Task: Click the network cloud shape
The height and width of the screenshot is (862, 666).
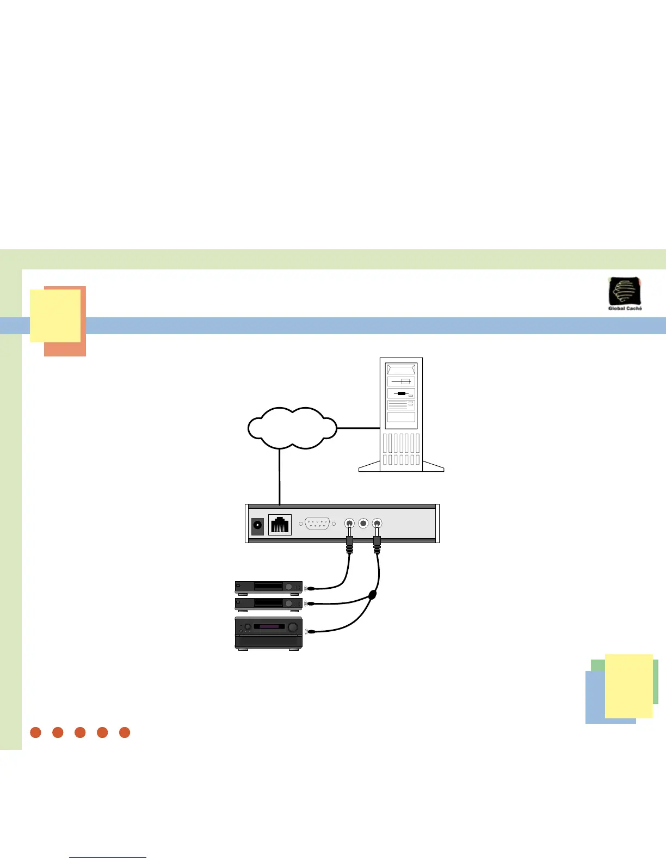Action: point(292,428)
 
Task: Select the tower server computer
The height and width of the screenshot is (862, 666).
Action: point(401,414)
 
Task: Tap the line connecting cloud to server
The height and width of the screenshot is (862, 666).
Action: point(358,428)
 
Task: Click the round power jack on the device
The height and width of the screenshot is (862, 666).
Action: point(257,525)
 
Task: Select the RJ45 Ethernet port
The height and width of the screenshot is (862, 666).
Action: point(280,525)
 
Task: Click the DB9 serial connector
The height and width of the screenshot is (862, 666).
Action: point(317,524)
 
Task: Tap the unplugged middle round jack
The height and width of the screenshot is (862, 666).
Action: point(363,524)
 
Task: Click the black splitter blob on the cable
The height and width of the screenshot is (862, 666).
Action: point(372,595)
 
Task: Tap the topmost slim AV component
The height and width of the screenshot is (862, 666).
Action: point(268,587)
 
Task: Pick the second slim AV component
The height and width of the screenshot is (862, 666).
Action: point(268,604)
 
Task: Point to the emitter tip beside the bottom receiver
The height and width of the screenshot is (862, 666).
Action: point(309,631)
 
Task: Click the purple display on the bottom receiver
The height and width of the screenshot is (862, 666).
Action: point(269,627)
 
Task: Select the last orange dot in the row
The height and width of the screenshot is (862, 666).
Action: point(125,732)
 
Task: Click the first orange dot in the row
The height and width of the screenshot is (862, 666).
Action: point(36,732)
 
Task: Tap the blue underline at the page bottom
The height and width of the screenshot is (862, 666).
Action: point(108,857)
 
